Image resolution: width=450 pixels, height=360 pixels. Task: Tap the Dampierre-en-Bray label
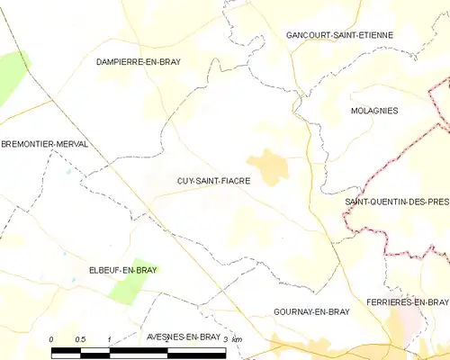(x=144, y=61)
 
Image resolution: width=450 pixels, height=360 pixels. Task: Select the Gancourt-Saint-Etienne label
(x=339, y=35)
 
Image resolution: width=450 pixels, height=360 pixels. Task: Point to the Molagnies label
(x=374, y=110)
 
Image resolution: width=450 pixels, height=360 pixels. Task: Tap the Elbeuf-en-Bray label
(x=97, y=268)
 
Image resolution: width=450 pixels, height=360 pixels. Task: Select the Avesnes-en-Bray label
(x=183, y=337)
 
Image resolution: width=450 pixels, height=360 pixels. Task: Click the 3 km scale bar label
(x=233, y=338)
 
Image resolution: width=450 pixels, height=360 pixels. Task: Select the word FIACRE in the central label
(x=234, y=181)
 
